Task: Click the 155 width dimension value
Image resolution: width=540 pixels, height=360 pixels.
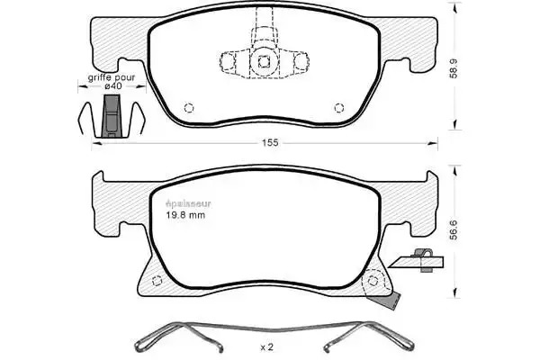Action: pyautogui.click(x=270, y=142)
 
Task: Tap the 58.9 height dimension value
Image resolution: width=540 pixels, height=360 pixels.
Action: pyautogui.click(x=454, y=68)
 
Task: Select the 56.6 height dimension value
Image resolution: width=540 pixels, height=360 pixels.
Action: pyautogui.click(x=454, y=230)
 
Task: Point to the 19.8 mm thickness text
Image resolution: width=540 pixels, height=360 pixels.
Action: pyautogui.click(x=185, y=215)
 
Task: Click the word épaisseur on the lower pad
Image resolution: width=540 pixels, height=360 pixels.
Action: pyautogui.click(x=188, y=203)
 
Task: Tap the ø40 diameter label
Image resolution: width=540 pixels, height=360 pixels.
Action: pyautogui.click(x=113, y=85)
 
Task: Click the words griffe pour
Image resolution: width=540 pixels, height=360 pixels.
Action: pyautogui.click(x=112, y=77)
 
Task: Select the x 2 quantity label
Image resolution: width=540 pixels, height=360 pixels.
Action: pyautogui.click(x=267, y=347)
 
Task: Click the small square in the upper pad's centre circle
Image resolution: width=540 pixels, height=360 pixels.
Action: pyautogui.click(x=264, y=62)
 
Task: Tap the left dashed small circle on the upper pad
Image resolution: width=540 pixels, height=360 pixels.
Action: pyautogui.click(x=189, y=108)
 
